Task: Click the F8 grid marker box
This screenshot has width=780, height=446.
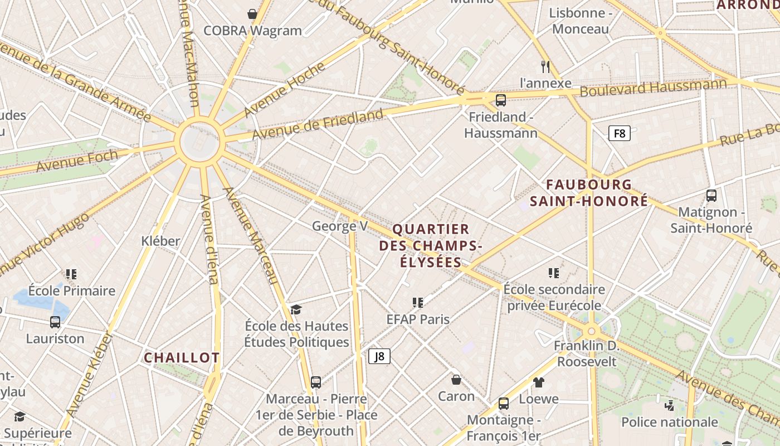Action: coord(619,133)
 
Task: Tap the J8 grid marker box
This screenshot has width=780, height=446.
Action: coord(379,356)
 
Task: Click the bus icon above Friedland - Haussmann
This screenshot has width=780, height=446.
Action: coord(500,100)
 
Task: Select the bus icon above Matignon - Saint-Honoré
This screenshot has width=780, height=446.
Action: coord(711,196)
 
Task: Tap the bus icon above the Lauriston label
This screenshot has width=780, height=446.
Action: coord(55,322)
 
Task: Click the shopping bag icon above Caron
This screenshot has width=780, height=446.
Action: coord(456,380)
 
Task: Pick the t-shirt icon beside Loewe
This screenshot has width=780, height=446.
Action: coord(538,382)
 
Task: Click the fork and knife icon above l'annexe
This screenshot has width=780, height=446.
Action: coord(545,67)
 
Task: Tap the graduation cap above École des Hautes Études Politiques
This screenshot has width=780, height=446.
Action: coord(296,310)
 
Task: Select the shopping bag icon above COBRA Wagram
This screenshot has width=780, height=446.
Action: coord(252,14)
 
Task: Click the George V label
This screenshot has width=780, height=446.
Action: coord(340,226)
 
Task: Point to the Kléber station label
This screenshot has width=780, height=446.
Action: coord(160,241)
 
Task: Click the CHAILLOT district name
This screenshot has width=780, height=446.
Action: coord(182,358)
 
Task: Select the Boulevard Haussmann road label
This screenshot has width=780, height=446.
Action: coord(654,88)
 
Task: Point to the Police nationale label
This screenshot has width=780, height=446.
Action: coord(669,422)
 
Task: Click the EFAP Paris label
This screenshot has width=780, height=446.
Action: coord(418,319)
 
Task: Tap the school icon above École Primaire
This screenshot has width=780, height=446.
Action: coord(71,274)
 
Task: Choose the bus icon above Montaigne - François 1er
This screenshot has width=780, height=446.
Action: coord(503,404)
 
